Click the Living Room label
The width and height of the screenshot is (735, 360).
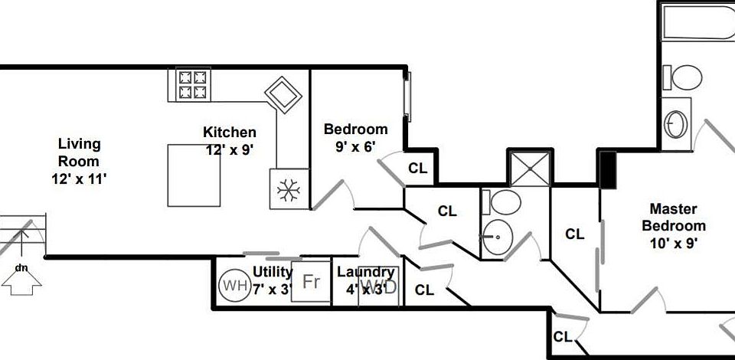pyautogui.click(x=79, y=161)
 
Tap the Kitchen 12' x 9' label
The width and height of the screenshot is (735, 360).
pyautogui.click(x=230, y=141)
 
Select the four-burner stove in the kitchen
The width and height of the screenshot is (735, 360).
pyautogui.click(x=193, y=84)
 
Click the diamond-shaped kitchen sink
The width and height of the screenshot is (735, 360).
pyautogui.click(x=283, y=95)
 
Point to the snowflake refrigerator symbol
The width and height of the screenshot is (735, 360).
pyautogui.click(x=289, y=189)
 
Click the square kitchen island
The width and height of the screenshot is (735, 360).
pyautogui.click(x=194, y=175)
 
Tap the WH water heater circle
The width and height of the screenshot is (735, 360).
pyautogui.click(x=234, y=285)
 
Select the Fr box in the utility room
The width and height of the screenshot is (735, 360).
pyautogui.click(x=311, y=281)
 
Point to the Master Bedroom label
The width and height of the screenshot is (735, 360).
pyautogui.click(x=674, y=225)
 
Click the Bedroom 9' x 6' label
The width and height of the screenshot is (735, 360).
pyautogui.click(x=356, y=137)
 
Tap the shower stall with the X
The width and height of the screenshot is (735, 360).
pyautogui.click(x=530, y=168)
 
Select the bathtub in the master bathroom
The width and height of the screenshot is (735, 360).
pyautogui.click(x=698, y=22)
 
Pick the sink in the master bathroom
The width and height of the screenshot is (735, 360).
pyautogui.click(x=676, y=124)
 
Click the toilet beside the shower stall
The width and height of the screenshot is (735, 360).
pyautogui.click(x=501, y=202)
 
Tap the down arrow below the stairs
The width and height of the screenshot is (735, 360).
pyautogui.click(x=21, y=283)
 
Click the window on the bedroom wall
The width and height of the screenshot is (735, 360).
pyautogui.click(x=407, y=96)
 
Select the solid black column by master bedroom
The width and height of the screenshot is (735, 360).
pyautogui.click(x=608, y=170)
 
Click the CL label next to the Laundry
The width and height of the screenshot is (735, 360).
pyautogui.click(x=424, y=290)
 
